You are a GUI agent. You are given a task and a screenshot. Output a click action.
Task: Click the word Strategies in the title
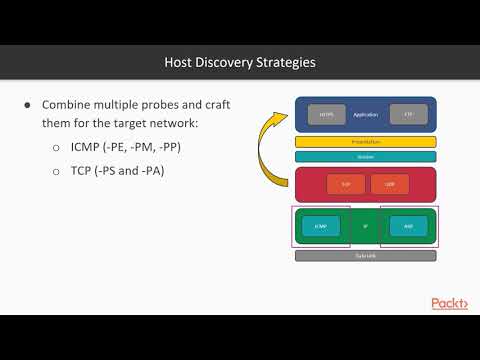click(x=281, y=62)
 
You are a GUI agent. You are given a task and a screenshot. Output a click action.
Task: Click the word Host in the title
click(x=181, y=62)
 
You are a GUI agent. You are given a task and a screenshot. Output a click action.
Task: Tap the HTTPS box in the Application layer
click(x=325, y=115)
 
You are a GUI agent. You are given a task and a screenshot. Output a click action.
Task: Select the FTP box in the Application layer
click(x=408, y=115)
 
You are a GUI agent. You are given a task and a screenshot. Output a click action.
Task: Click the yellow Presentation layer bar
click(x=365, y=142)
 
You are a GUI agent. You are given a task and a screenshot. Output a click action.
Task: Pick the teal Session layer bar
click(x=365, y=156)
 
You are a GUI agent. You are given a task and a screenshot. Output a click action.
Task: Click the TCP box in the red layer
click(x=339, y=184)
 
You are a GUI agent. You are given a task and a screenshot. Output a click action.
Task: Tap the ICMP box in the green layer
click(x=320, y=226)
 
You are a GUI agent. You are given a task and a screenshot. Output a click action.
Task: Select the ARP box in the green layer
click(x=408, y=226)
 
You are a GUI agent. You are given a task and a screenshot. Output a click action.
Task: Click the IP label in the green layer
click(x=365, y=226)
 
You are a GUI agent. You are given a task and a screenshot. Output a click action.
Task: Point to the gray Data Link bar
click(x=365, y=256)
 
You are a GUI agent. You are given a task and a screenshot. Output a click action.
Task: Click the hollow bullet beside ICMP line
click(x=56, y=148)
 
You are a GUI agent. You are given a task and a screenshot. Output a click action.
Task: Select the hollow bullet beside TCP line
click(x=56, y=171)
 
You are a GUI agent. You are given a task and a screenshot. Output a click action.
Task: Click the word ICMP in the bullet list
click(x=87, y=148)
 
